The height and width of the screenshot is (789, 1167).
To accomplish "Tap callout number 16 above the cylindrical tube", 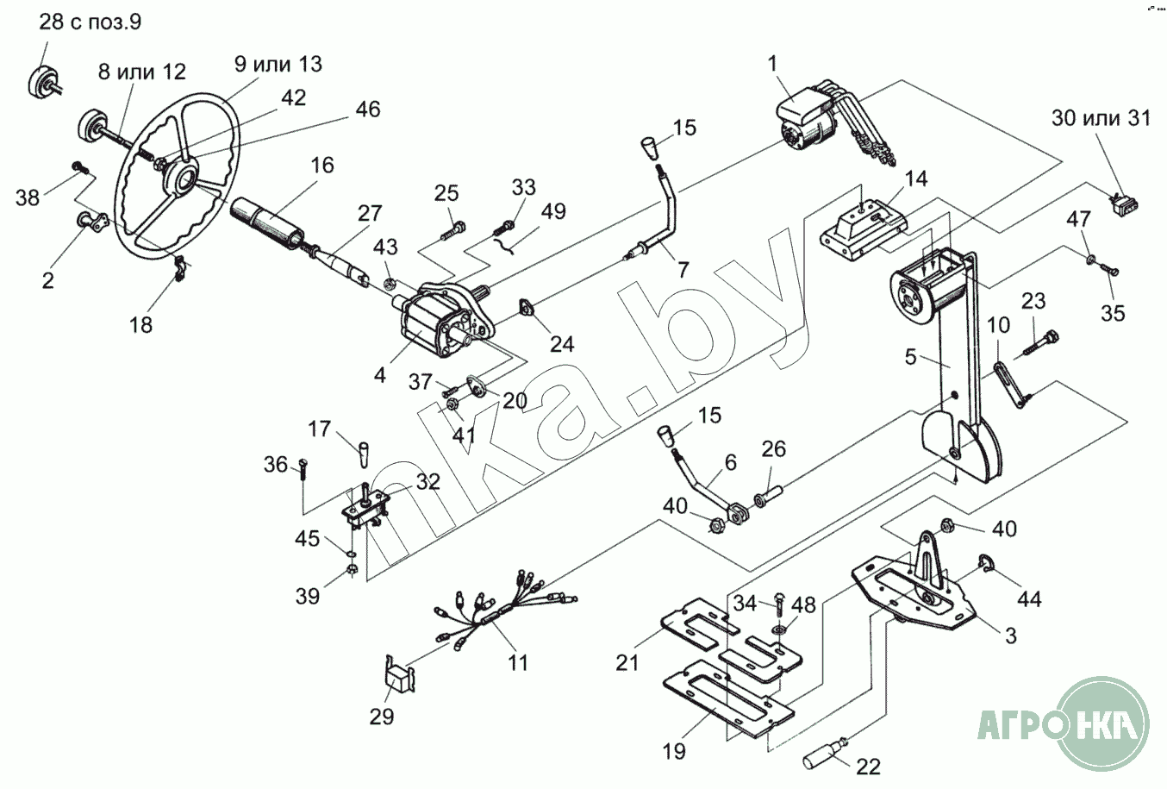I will click(x=322, y=166).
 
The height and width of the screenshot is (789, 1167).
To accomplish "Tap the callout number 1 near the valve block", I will click(x=772, y=64).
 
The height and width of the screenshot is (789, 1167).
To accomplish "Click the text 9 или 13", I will click(x=278, y=64).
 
